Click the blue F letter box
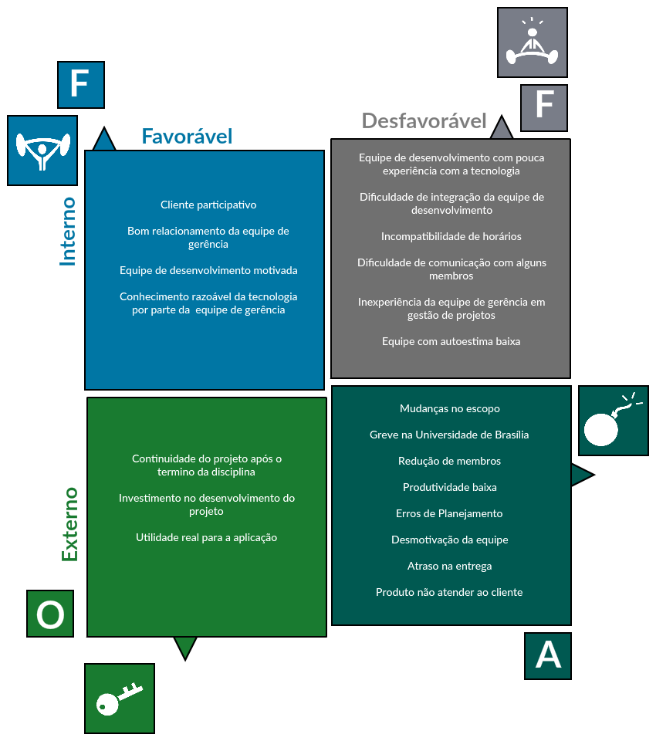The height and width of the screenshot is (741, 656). coord(81,85)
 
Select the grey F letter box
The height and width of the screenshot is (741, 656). coord(544,108)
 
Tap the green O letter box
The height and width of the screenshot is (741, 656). coord(50,614)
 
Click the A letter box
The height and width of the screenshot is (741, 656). coord(548,656)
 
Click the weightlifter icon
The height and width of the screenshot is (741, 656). coord(42,151)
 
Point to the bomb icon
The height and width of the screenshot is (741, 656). coord(614,421)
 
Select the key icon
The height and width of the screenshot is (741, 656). coord(120,699)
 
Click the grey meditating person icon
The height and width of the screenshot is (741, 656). coord(533,42)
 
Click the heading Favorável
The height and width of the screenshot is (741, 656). coord(187,137)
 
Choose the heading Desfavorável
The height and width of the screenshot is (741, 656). coord(424,121)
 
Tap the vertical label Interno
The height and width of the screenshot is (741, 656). coord(69,232)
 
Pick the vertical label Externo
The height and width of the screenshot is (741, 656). coord(69,524)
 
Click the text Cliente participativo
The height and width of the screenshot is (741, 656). coord(208,205)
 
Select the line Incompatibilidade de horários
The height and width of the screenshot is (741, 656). coord(451,236)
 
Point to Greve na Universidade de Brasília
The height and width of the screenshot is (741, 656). coord(449,435)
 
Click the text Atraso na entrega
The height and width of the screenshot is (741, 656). coord(449,566)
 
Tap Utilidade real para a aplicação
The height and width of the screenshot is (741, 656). coord(207,537)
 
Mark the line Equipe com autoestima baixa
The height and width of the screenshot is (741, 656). coord(451,341)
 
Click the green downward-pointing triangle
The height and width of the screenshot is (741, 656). coord(185,647)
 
